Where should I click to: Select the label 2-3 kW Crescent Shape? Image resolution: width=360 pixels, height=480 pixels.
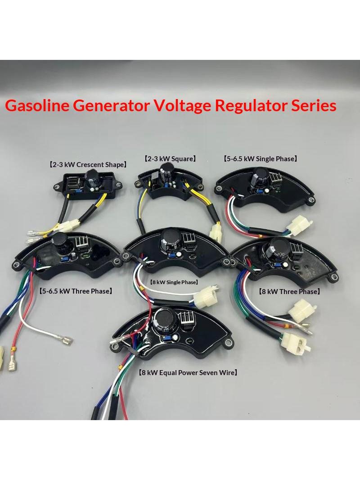pos(88,165)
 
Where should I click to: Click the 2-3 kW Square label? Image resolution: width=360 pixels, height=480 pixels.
pos(170,158)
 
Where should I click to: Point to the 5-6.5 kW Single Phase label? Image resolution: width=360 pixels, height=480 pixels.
pos(260,158)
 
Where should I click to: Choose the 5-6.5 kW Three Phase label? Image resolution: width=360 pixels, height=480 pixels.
pos(76,291)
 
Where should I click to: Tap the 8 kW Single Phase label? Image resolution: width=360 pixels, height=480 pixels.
pos(174,282)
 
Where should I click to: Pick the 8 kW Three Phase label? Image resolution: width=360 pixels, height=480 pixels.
pos(289,291)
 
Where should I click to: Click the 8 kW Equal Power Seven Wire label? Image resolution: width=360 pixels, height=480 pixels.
pos(188,372)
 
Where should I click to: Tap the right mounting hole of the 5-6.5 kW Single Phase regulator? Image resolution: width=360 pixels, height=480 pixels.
pos(311,200)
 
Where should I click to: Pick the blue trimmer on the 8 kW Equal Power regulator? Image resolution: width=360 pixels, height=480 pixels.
pos(167,338)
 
